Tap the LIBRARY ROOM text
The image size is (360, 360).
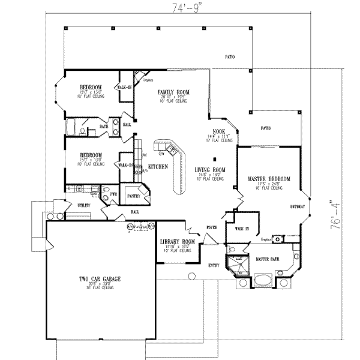click(175, 241)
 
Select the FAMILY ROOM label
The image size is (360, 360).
click(170, 92)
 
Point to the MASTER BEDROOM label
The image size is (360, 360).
click(269, 179)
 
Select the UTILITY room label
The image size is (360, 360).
click(83, 205)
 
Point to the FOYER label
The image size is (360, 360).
click(212, 227)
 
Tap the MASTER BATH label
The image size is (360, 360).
click(266, 259)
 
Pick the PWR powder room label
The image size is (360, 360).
click(112, 194)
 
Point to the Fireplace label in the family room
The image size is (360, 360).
click(148, 80)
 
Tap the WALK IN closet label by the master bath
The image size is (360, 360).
click(242, 229)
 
